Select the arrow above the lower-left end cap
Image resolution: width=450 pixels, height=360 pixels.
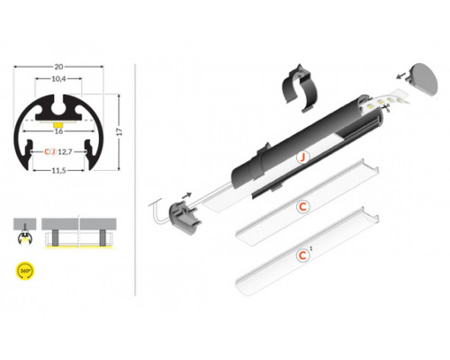[x=187, y=191]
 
